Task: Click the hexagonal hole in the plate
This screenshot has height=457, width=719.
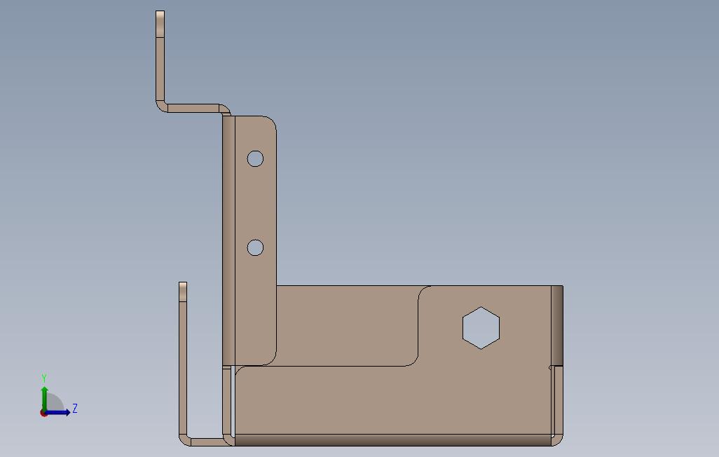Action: pyautogui.click(x=481, y=327)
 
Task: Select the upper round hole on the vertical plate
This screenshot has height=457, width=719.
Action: pyautogui.click(x=255, y=158)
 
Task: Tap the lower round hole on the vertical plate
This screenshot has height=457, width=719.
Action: pyautogui.click(x=255, y=247)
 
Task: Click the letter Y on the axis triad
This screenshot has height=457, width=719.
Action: pyautogui.click(x=44, y=378)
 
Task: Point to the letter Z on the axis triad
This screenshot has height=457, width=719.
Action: pyautogui.click(x=75, y=408)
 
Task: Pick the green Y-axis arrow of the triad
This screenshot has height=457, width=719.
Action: pyautogui.click(x=44, y=396)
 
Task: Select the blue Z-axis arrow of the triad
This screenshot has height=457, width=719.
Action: pyautogui.click(x=59, y=412)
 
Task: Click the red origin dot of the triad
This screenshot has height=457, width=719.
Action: pyautogui.click(x=43, y=413)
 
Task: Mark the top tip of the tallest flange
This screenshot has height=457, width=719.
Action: pyautogui.click(x=160, y=14)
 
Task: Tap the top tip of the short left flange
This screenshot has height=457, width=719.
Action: pyautogui.click(x=183, y=285)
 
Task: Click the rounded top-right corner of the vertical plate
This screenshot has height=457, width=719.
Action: pyautogui.click(x=271, y=122)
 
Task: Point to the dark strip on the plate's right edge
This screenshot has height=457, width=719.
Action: pyautogui.click(x=557, y=324)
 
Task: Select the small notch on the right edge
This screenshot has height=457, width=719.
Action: pyautogui.click(x=549, y=367)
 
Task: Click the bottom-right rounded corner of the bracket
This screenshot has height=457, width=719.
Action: pyautogui.click(x=557, y=441)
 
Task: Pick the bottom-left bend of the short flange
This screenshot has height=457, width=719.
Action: pyautogui.click(x=184, y=439)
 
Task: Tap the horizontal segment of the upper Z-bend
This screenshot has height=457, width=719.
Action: pyautogui.click(x=193, y=108)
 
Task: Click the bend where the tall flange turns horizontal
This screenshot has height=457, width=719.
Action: pyautogui.click(x=161, y=106)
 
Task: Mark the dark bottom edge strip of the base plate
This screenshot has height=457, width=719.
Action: pyautogui.click(x=392, y=440)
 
